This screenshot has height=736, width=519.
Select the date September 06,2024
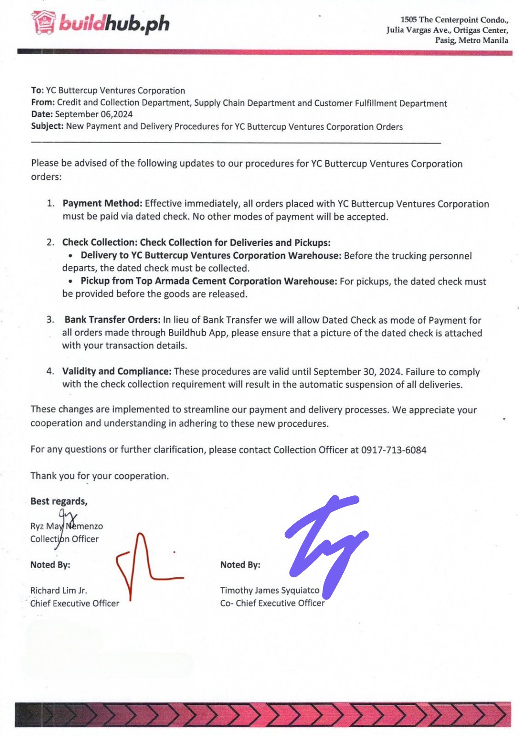(94, 115)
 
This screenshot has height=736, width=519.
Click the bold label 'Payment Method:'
(102, 203)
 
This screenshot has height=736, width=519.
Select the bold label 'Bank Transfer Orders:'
(112, 320)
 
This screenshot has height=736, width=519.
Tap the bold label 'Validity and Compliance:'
(117, 371)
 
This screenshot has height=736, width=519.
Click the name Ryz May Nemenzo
(67, 526)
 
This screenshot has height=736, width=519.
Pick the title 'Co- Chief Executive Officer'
(272, 603)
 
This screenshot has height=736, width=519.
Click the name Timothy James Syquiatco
(270, 590)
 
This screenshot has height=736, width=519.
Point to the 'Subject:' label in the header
(47, 126)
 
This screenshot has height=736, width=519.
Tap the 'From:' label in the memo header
(43, 102)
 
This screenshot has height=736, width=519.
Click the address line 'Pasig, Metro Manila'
(472, 40)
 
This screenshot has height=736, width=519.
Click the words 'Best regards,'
(59, 501)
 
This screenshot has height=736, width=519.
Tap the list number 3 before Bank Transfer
(50, 320)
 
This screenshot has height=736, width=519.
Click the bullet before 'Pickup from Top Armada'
(70, 281)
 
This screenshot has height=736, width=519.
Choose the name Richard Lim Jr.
(58, 590)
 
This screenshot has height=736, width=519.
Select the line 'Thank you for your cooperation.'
(99, 476)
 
